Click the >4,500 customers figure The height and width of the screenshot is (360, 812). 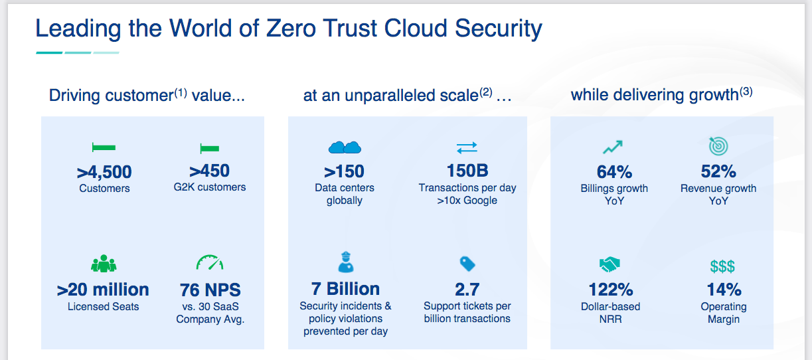tap(104, 172)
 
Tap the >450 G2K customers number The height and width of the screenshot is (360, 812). tap(210, 171)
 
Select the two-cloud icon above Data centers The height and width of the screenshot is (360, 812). tap(345, 147)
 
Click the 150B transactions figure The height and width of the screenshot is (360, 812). tap(467, 171)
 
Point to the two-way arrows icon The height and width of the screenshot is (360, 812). tap(467, 147)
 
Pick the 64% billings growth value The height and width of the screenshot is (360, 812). tap(614, 172)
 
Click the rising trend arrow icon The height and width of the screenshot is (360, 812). tap(613, 147)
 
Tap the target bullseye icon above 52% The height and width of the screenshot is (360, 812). tap(718, 146)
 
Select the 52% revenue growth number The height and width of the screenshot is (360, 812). tap(718, 171)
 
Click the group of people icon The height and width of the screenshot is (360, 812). tap(104, 264)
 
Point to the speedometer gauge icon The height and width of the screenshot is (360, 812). tap(210, 262)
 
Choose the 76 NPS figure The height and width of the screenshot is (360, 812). tap(210, 290)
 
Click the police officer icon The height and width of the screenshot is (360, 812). tap(346, 262)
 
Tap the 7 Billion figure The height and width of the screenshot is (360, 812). tap(345, 290)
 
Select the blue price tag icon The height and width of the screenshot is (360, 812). tap(467, 264)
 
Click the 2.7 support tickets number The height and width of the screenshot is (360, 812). tap(467, 290)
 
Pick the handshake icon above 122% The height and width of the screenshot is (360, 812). tap(609, 264)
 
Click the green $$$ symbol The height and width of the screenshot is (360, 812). tap(722, 266)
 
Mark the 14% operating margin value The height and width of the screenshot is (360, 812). tap(724, 290)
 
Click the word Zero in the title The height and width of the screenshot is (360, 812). tap(291, 29)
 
